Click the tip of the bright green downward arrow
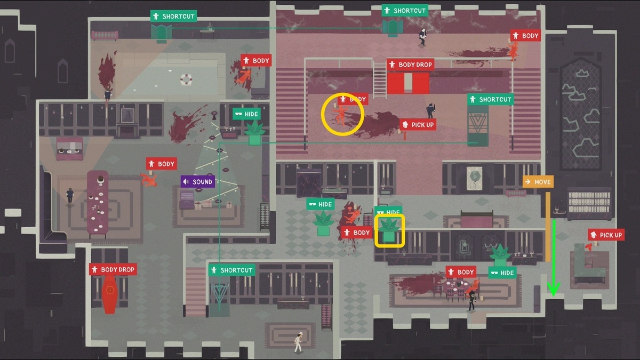pyautogui.click(x=554, y=296)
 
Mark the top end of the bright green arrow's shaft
pyautogui.click(x=554, y=220)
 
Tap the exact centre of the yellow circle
pyautogui.click(x=342, y=114)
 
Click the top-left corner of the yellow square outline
pyautogui.click(x=375, y=214)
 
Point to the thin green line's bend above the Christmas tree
pyautogui.click(x=219, y=143)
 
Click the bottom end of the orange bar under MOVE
pyautogui.click(x=548, y=261)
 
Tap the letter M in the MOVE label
pyautogui.click(x=537, y=182)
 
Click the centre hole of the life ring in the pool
pyautogui.click(x=186, y=79)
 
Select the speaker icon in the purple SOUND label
pyautogui.click(x=186, y=181)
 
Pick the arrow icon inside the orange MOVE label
pyautogui.click(x=527, y=182)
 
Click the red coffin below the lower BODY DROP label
pyautogui.click(x=110, y=294)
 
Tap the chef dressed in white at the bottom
pyautogui.click(x=298, y=342)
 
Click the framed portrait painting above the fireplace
pyautogui.click(x=127, y=116)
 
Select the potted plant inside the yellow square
pyautogui.click(x=389, y=230)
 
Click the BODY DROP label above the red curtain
pyautogui.click(x=411, y=65)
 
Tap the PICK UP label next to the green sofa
pyautogui.click(x=606, y=235)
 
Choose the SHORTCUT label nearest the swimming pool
pyautogui.click(x=174, y=17)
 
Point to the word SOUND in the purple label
pyautogui.click(x=202, y=182)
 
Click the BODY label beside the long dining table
pyautogui.click(x=162, y=164)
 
